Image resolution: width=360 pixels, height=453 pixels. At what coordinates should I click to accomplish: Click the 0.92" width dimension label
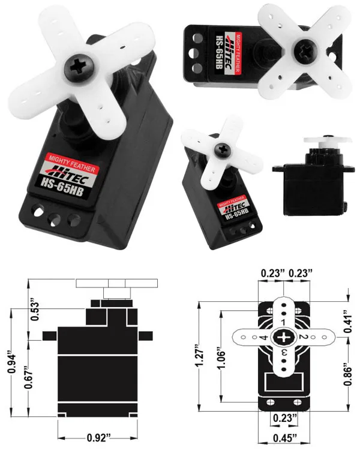coord(99,437)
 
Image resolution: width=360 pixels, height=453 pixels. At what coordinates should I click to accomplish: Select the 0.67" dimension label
coord(28,377)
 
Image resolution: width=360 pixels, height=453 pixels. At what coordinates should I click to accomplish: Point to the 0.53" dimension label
coord(35,311)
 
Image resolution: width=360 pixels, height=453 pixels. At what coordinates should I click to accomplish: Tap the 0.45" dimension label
coord(285,438)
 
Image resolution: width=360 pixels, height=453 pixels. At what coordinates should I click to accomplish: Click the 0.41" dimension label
coord(348,322)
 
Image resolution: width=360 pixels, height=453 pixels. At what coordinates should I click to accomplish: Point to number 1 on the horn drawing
coord(283,322)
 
